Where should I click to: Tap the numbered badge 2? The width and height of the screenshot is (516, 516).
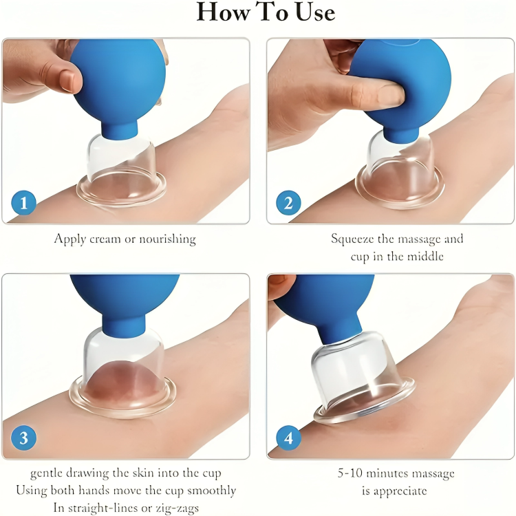(x=288, y=203)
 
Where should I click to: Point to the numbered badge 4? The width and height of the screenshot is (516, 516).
(x=288, y=438)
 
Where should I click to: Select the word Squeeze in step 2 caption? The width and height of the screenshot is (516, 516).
(x=354, y=239)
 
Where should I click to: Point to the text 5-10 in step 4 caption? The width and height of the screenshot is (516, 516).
(x=348, y=474)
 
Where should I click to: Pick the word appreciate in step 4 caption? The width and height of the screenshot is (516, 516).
(x=399, y=491)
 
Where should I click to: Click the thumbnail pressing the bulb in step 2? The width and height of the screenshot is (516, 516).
(x=387, y=96)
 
